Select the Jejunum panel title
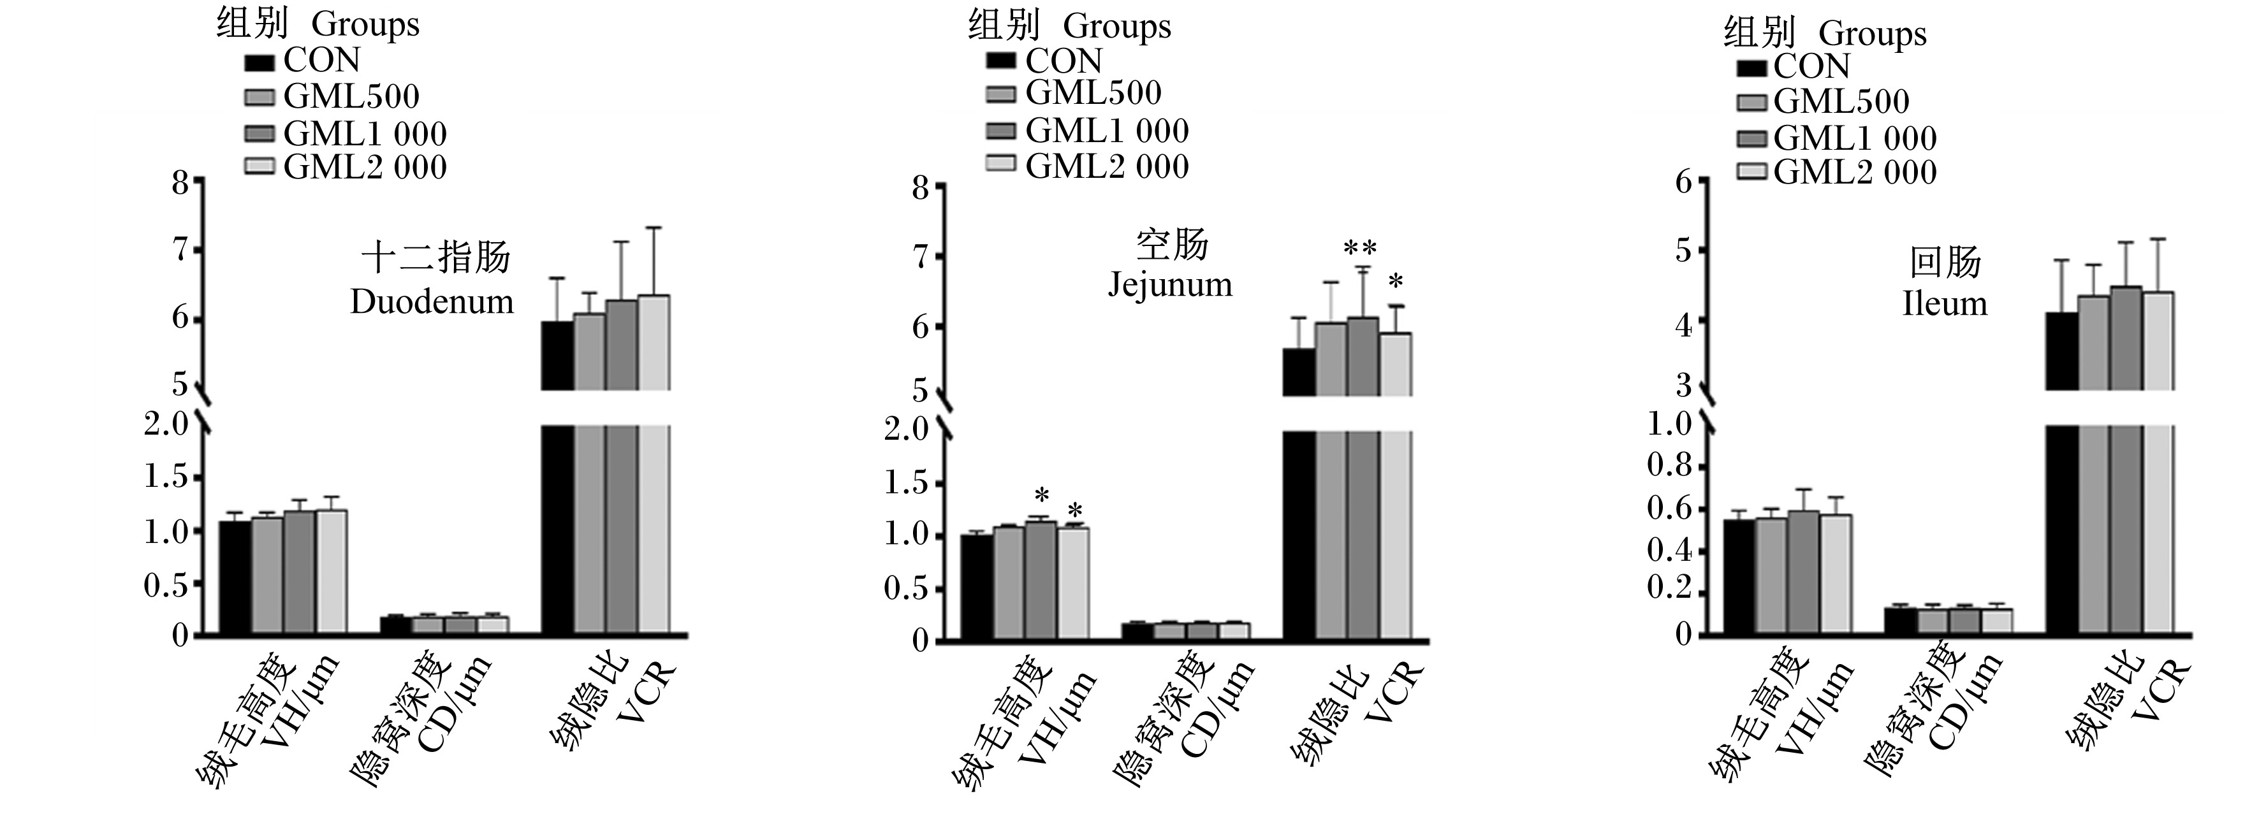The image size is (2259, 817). click(x=1171, y=264)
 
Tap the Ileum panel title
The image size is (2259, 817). click(x=1945, y=282)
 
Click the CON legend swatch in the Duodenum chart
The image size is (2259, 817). click(x=260, y=62)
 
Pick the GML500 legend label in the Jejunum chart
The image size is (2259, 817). click(x=1093, y=93)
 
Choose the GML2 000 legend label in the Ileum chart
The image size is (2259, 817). click(x=1855, y=172)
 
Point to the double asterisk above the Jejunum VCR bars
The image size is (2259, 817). click(x=1360, y=250)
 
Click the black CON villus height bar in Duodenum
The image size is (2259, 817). click(x=235, y=577)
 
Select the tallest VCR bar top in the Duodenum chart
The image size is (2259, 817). click(x=654, y=296)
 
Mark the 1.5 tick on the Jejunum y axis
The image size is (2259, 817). click(x=905, y=483)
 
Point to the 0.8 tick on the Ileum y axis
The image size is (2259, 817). click(x=1669, y=465)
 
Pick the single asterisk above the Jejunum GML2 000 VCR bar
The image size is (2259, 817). click(x=1396, y=282)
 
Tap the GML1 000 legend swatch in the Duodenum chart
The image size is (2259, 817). click(x=260, y=133)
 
